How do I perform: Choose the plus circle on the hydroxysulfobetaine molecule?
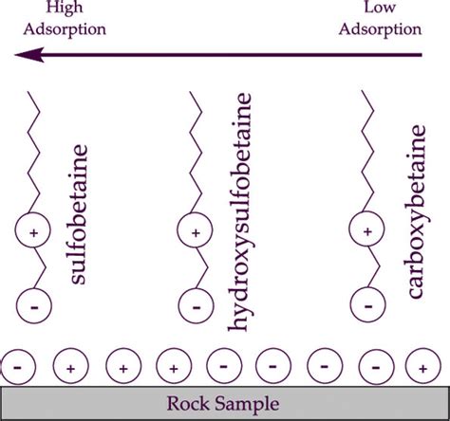pos(196,230)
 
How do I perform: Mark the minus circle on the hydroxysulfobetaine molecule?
pos(196,306)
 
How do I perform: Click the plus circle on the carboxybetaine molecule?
pos(366,230)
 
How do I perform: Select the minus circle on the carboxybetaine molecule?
pos(366,306)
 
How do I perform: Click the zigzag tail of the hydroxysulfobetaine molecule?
pos(195,152)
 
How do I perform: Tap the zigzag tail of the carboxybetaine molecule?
pos(366,152)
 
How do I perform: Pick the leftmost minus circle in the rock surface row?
pos(18,363)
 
